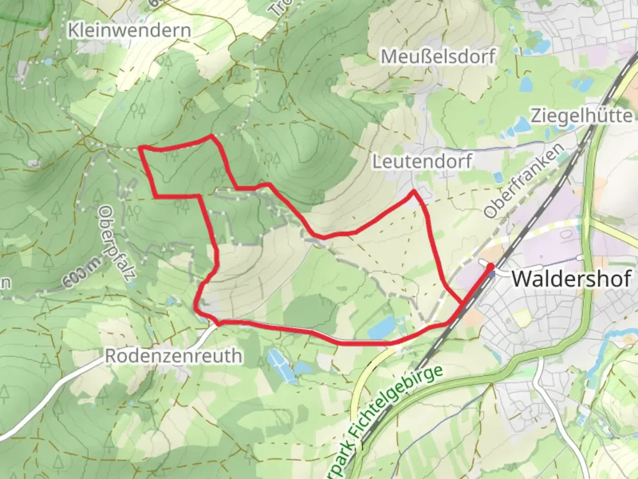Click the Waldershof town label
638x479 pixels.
[571, 279]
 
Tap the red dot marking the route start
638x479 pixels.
[491, 267]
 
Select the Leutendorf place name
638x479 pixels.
[422, 161]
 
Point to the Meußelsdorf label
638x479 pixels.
[438, 57]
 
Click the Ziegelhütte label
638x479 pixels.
[582, 116]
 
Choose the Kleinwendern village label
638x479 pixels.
[129, 31]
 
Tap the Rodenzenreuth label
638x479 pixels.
[174, 356]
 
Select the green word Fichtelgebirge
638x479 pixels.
[395, 404]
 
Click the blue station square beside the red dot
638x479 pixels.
[492, 274]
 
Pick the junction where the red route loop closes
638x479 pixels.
[463, 303]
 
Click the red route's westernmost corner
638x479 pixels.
[141, 147]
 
